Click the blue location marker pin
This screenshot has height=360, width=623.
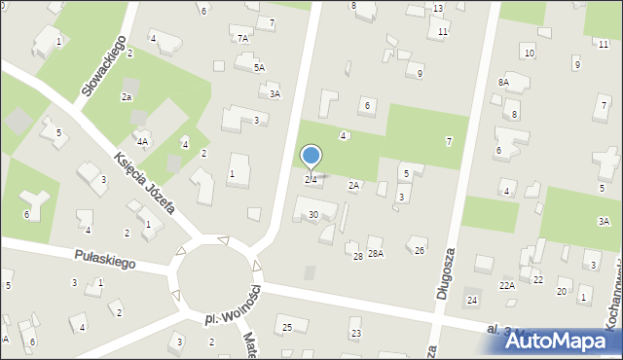coord(311,157)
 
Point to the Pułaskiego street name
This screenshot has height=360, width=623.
coord(104,258)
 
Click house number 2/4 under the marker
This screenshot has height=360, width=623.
coord(311,180)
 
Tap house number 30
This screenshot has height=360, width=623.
coord(312,215)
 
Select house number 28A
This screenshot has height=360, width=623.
coord(375,254)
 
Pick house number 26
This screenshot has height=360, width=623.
coord(420,251)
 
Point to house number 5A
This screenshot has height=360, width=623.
coord(259,68)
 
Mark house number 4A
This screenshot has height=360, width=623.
coord(142,142)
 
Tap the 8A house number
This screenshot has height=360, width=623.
coord(503,83)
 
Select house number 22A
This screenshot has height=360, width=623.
coord(507,285)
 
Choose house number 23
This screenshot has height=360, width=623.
coord(356,334)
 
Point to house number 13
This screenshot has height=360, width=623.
coord(438,9)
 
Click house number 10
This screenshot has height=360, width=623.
coord(529,53)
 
